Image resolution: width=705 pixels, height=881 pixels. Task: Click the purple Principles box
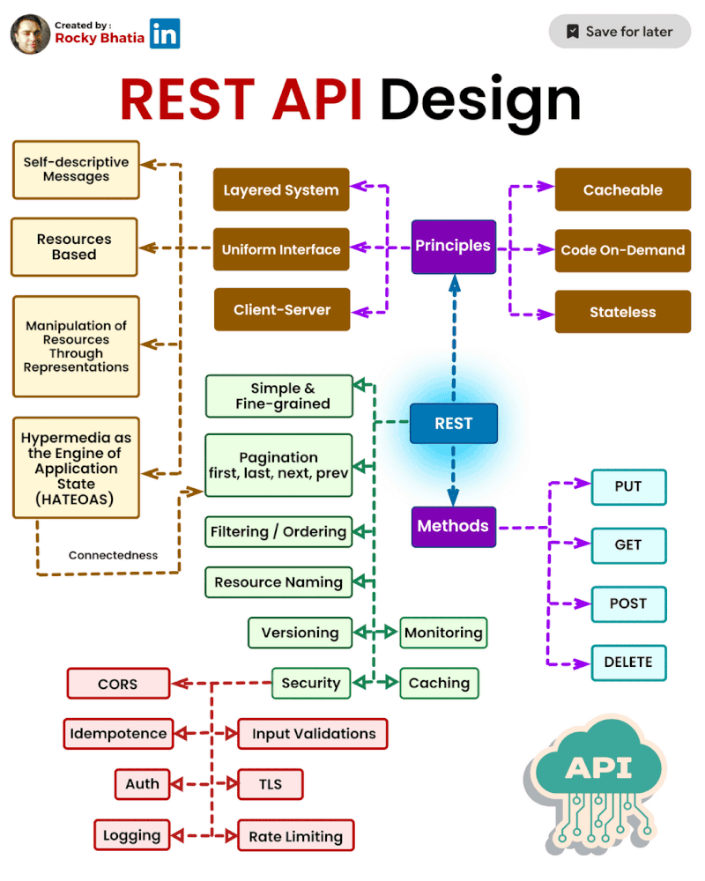point(453,247)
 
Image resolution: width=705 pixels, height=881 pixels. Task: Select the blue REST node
point(454,424)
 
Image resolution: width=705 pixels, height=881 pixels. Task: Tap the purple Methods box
point(453,527)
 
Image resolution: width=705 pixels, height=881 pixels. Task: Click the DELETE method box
point(627,663)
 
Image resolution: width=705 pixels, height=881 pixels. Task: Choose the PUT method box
point(627,486)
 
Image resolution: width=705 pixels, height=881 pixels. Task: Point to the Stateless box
point(622,312)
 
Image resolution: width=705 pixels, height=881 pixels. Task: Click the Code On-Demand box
point(622,250)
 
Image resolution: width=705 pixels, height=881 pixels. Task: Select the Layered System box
point(281,190)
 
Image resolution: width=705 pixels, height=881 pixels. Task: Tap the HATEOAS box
point(76,468)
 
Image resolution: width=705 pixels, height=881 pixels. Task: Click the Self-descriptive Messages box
point(76,170)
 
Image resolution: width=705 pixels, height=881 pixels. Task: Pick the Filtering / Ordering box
point(278,532)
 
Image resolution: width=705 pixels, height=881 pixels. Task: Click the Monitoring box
point(443,633)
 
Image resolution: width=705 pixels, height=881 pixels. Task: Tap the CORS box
point(117,684)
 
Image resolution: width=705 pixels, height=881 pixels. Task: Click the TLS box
point(271,784)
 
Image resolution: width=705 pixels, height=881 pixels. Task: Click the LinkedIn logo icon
point(165,33)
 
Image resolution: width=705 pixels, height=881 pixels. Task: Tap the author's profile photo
point(30,33)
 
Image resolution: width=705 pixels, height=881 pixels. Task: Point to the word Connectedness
point(113,556)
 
